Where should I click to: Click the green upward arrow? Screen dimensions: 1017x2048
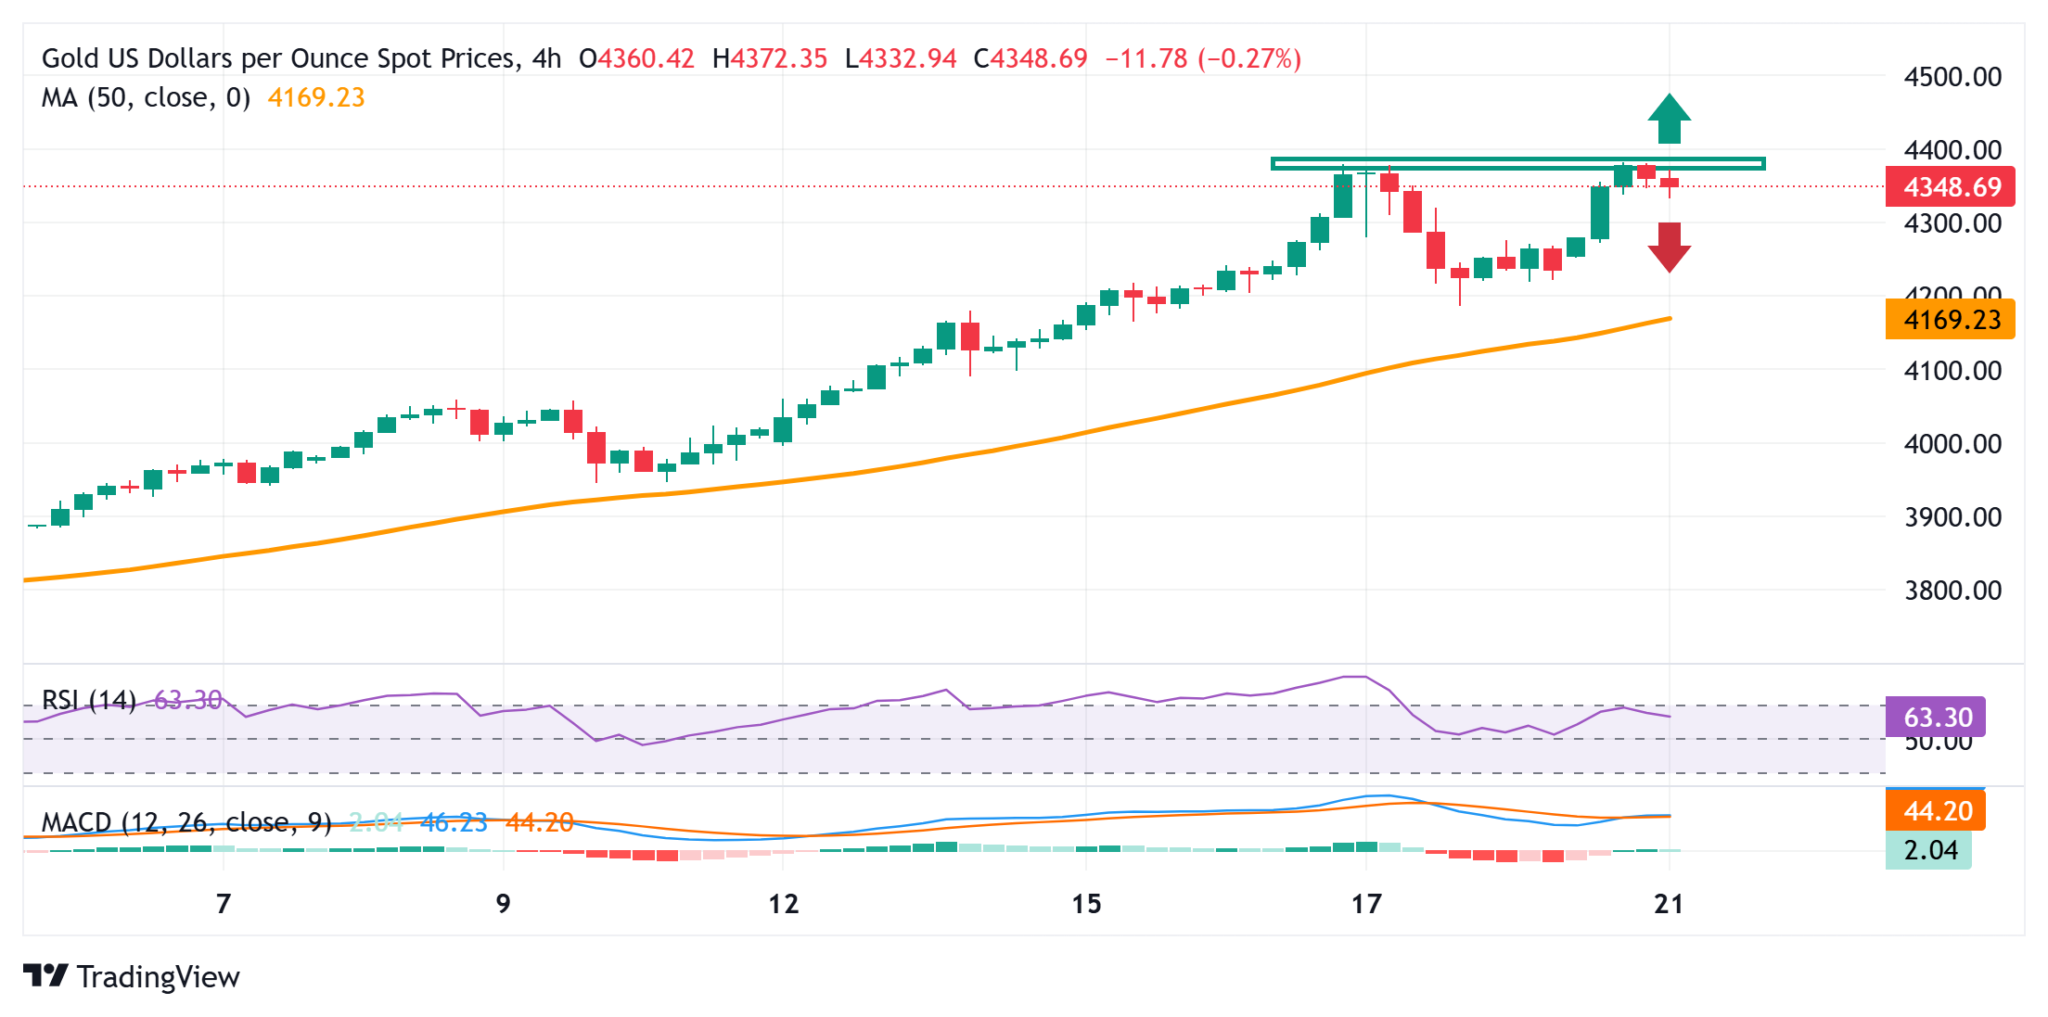click(1669, 120)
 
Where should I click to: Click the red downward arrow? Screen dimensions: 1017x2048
click(1669, 247)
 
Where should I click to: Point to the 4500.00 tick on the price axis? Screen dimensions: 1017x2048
click(1952, 77)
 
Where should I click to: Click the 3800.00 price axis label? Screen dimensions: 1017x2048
click(1952, 591)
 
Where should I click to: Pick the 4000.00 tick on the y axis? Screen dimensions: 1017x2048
click(1952, 444)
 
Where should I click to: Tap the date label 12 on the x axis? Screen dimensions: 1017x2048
click(783, 904)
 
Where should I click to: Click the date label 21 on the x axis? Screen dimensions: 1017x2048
click(1669, 904)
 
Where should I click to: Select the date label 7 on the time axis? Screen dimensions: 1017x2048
click(224, 904)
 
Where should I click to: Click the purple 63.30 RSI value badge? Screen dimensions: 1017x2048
click(1936, 717)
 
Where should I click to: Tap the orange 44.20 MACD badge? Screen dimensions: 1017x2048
click(1936, 811)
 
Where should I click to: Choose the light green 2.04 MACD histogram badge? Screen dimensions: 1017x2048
click(1929, 850)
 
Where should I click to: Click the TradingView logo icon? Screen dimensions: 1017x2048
click(45, 976)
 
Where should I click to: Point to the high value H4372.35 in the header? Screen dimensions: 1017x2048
click(769, 59)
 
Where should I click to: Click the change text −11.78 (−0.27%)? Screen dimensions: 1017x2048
click(1203, 59)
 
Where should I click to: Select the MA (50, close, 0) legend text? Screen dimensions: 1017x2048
click(146, 98)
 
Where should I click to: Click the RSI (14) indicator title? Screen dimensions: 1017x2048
click(89, 699)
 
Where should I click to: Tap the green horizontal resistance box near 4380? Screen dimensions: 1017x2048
click(1517, 164)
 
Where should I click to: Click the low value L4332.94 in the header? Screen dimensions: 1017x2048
click(901, 59)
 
